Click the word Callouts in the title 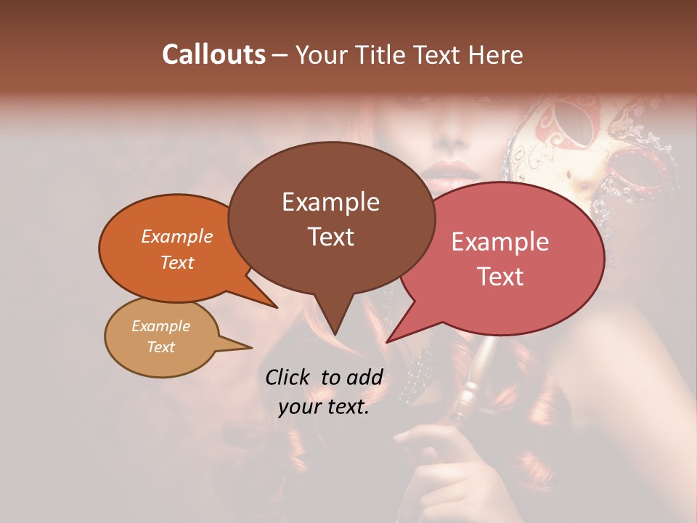pos(213,54)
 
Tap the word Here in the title pos(497,54)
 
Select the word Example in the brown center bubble pos(330,202)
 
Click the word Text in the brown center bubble pos(330,237)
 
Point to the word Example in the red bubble pos(500,242)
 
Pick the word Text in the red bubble pos(501,277)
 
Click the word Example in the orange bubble pos(176,237)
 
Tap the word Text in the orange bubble pos(176,263)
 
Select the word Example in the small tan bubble pos(160,326)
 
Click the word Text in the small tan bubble pos(160,347)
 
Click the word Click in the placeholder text pos(288,377)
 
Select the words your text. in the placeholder pos(323,408)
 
